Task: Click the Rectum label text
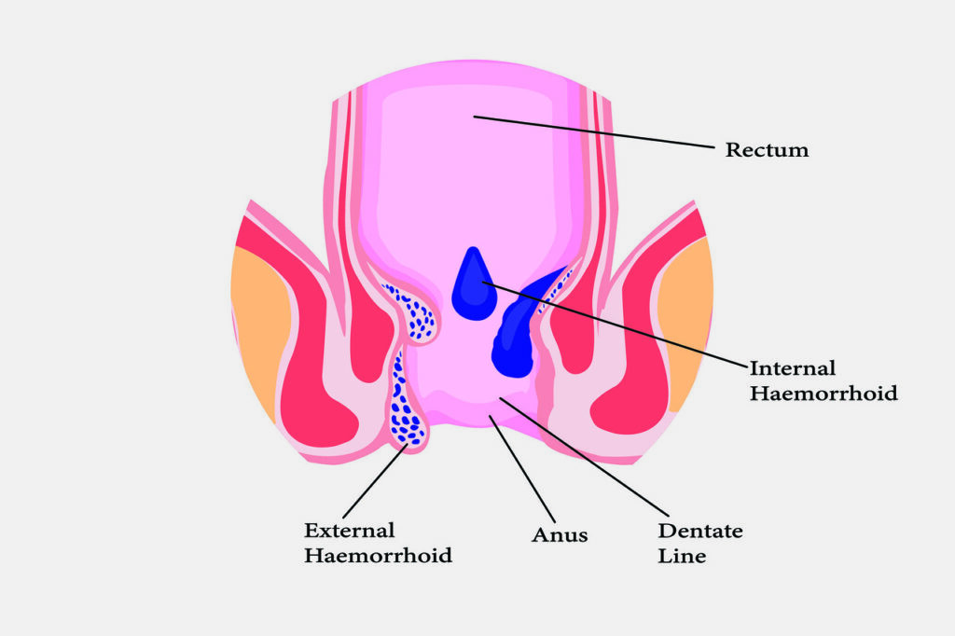pos(767,150)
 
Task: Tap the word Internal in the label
pos(793,368)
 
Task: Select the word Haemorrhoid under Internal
pos(824,394)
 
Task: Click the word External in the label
pos(349,531)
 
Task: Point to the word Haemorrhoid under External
pos(378,556)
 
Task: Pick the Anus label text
pos(560,536)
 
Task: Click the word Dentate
pos(700,531)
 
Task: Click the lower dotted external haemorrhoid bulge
pos(406,410)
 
